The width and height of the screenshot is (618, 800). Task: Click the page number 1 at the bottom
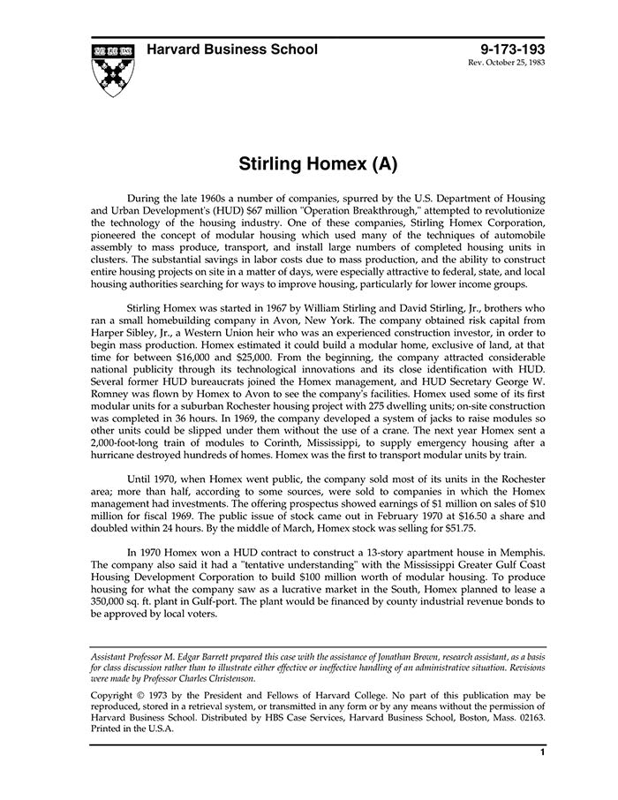pos(540,753)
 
